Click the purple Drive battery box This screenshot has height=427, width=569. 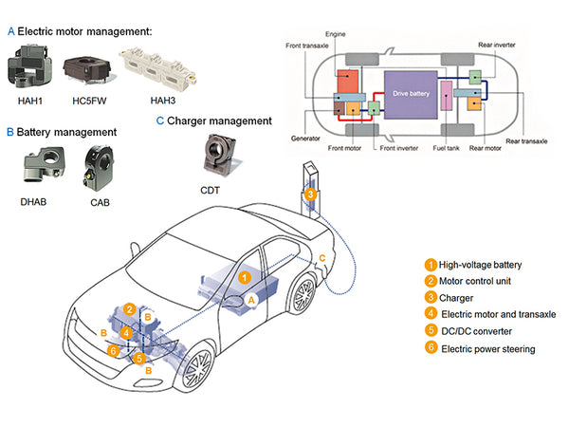click(x=411, y=93)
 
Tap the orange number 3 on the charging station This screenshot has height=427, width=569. click(x=310, y=195)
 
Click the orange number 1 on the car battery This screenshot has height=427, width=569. click(x=245, y=278)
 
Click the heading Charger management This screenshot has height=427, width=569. click(x=219, y=121)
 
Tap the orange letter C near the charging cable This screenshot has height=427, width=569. click(x=323, y=258)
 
